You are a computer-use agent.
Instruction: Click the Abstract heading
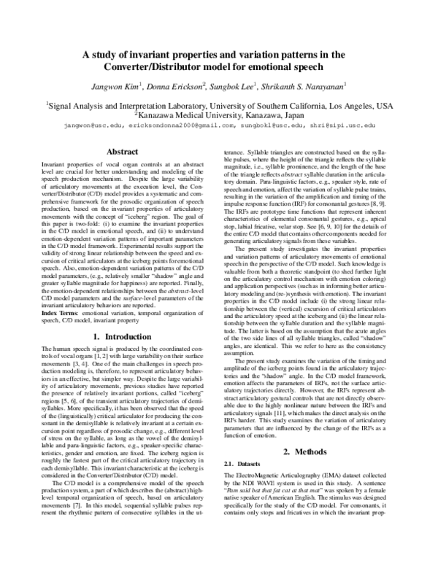pyautogui.click(x=122, y=152)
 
